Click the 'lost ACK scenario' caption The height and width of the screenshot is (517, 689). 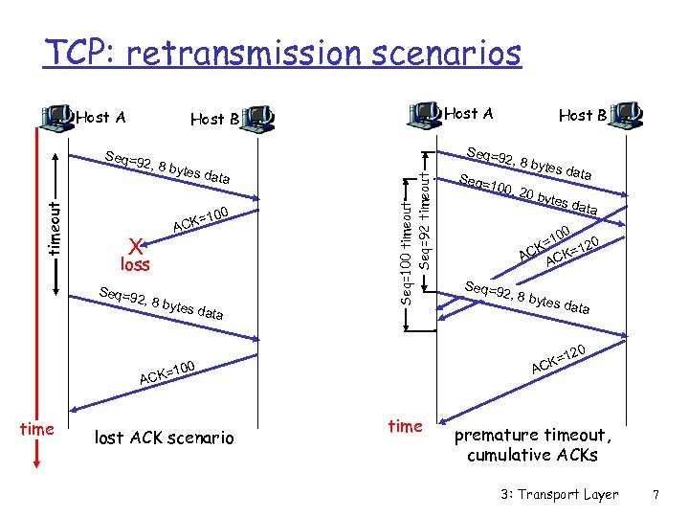[x=164, y=438]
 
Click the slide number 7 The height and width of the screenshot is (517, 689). [x=655, y=494]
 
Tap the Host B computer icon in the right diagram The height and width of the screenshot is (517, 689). [x=627, y=114]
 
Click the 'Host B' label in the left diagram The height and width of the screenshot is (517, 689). [x=214, y=119]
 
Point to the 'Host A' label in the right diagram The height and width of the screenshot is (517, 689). [x=469, y=113]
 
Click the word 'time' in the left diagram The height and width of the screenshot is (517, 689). [x=36, y=429]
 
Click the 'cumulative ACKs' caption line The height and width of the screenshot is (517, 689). [x=532, y=455]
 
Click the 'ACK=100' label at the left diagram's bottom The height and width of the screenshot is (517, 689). [x=167, y=371]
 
